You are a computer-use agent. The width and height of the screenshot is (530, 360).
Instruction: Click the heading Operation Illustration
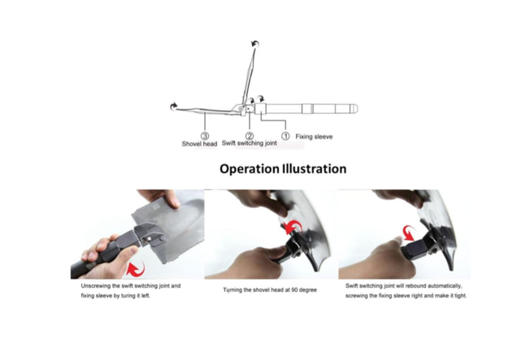pyautogui.click(x=283, y=169)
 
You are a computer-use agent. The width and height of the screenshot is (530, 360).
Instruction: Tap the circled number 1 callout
pyautogui.click(x=285, y=136)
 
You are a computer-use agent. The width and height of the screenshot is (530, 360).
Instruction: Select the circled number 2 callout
pyautogui.click(x=250, y=136)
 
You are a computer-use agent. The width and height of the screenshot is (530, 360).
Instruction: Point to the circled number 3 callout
pyautogui.click(x=205, y=136)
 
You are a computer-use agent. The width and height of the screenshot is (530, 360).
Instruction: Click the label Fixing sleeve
pyautogui.click(x=314, y=137)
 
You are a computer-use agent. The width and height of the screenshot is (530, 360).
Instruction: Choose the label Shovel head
pyautogui.click(x=199, y=144)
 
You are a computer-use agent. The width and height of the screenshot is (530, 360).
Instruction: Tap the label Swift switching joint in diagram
pyautogui.click(x=249, y=143)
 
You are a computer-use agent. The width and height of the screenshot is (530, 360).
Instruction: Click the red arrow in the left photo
pyautogui.click(x=136, y=268)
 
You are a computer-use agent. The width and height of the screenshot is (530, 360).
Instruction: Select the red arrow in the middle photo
pyautogui.click(x=293, y=227)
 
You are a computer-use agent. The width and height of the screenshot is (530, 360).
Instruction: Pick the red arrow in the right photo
pyautogui.click(x=411, y=233)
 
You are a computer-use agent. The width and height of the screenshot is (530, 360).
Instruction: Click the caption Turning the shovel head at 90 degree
pyautogui.click(x=270, y=290)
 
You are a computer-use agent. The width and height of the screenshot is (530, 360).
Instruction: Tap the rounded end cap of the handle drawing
pyautogui.click(x=354, y=109)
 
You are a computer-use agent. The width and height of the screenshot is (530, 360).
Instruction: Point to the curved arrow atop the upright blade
pyautogui.click(x=255, y=44)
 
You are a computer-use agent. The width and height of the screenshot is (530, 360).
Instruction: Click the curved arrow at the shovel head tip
pyautogui.click(x=173, y=106)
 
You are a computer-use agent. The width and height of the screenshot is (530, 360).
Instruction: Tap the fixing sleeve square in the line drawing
pyautogui.click(x=260, y=109)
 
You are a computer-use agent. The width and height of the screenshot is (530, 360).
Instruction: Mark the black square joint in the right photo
pyautogui.click(x=415, y=251)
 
